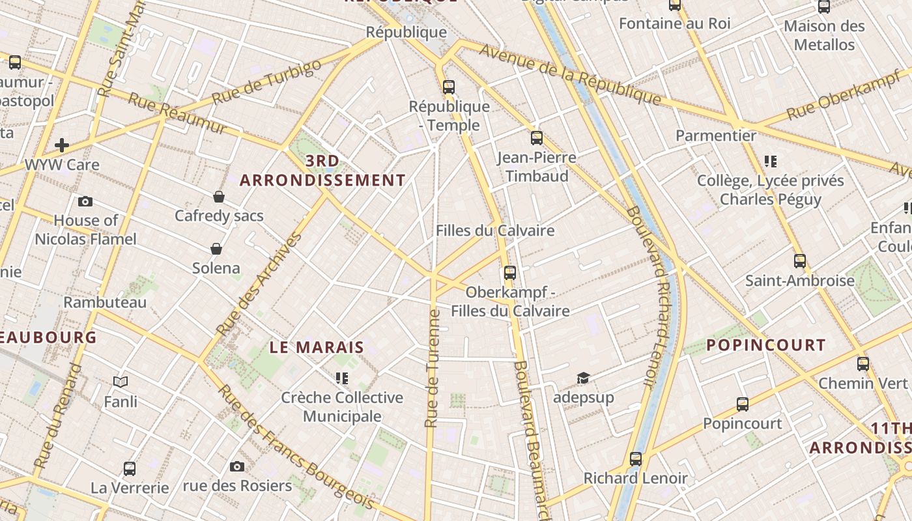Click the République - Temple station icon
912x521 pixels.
tap(448, 87)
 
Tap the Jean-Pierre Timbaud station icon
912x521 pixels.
tap(536, 137)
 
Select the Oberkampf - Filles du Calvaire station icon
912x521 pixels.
tap(509, 272)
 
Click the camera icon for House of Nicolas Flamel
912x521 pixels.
tap(85, 201)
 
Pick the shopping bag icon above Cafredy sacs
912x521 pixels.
tap(219, 197)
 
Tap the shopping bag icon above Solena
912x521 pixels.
tap(216, 249)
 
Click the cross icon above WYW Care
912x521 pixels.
tap(62, 145)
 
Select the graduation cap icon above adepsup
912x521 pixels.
tap(583, 378)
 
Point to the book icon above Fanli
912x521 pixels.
tap(121, 382)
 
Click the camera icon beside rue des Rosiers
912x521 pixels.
tap(237, 466)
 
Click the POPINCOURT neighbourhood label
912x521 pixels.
tap(766, 345)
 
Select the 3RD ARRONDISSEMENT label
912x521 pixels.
tap(322, 171)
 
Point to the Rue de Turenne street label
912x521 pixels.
tap(432, 368)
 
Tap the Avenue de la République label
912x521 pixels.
tap(571, 74)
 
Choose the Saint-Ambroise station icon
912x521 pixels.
tap(800, 261)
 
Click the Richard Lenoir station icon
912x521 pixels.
tap(636, 458)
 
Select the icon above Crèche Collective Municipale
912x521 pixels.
tap(342, 378)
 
